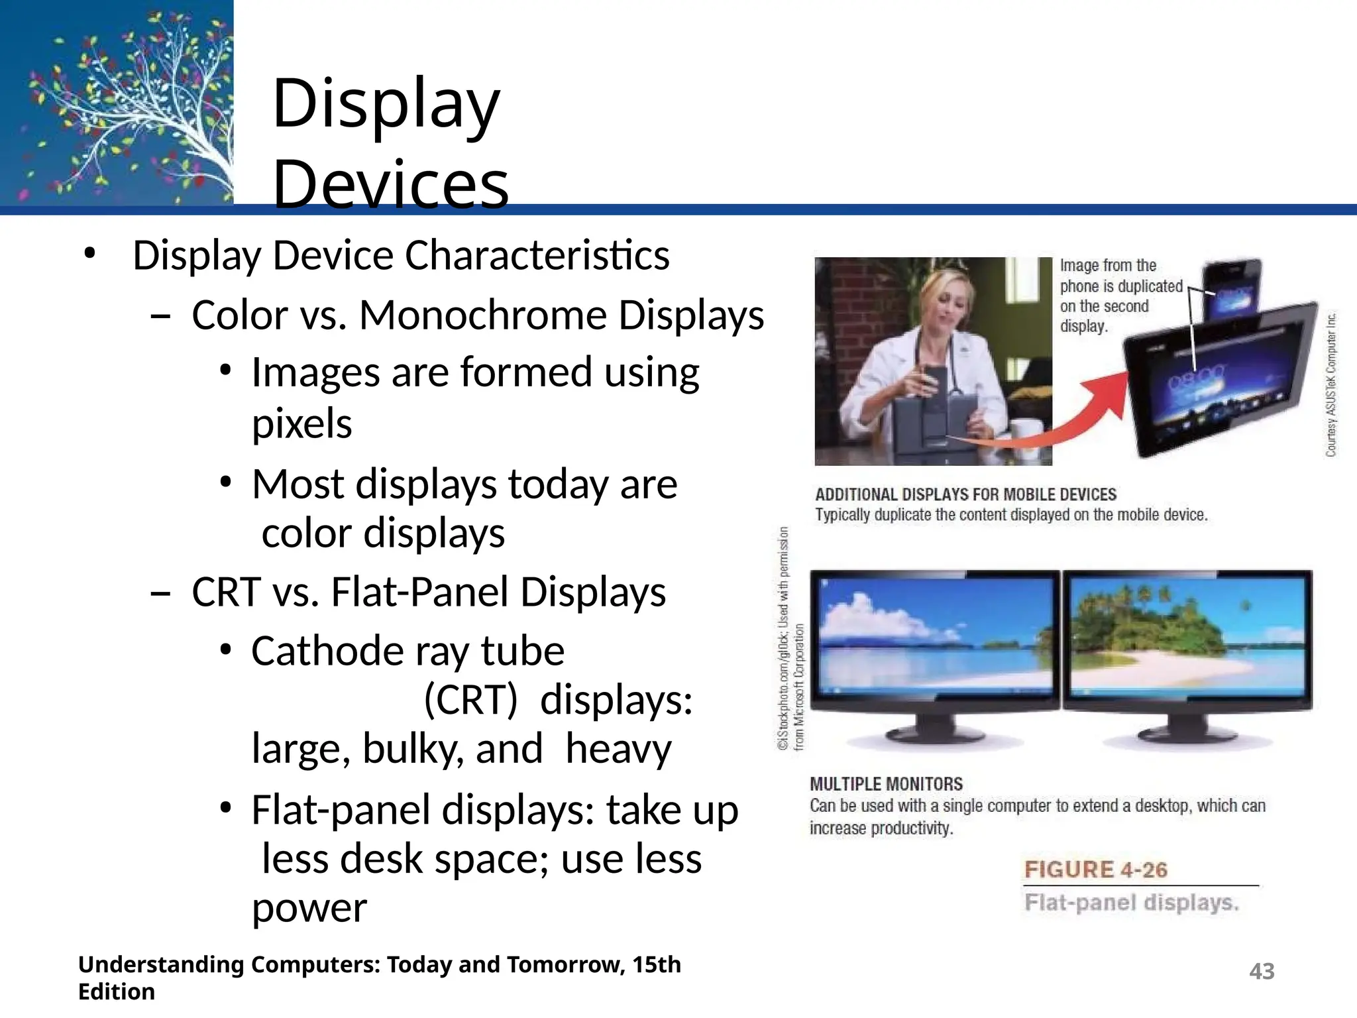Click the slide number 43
coord(1262,972)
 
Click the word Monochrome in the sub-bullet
coord(483,315)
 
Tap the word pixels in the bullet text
coord(302,424)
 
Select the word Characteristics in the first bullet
coord(537,256)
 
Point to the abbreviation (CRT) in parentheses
coord(470,700)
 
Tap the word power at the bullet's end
coord(309,908)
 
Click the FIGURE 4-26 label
coord(1096,870)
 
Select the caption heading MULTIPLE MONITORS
coord(886,784)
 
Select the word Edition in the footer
coord(117,992)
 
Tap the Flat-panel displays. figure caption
coord(1131,903)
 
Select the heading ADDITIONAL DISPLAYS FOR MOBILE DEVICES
coord(965,494)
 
